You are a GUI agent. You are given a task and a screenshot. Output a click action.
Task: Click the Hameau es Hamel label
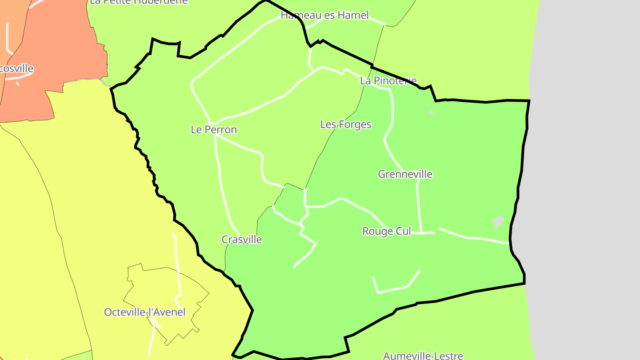click(324, 16)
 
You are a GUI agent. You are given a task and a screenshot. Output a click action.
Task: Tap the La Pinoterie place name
click(388, 81)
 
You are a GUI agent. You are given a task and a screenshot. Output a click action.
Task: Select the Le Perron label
click(214, 130)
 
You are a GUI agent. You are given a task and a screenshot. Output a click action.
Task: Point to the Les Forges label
click(346, 124)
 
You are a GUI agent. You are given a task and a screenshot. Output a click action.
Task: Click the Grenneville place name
click(405, 174)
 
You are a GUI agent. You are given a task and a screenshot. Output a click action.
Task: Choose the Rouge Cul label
click(387, 232)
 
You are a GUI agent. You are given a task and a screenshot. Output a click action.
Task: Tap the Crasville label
click(242, 240)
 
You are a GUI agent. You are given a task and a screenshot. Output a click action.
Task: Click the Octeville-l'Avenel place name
click(145, 312)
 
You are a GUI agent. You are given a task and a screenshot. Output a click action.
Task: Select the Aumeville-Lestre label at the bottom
click(423, 356)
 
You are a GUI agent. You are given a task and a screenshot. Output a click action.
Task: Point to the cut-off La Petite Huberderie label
click(139, 2)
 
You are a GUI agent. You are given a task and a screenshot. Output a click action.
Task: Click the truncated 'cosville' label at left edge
click(17, 69)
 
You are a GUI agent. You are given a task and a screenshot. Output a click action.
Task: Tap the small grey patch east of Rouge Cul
click(498, 222)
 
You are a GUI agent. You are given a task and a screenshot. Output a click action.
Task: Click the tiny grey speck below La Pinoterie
click(431, 112)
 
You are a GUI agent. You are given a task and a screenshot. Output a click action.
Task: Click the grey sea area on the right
click(587, 178)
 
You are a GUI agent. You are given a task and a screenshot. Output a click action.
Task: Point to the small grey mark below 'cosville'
click(17, 83)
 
